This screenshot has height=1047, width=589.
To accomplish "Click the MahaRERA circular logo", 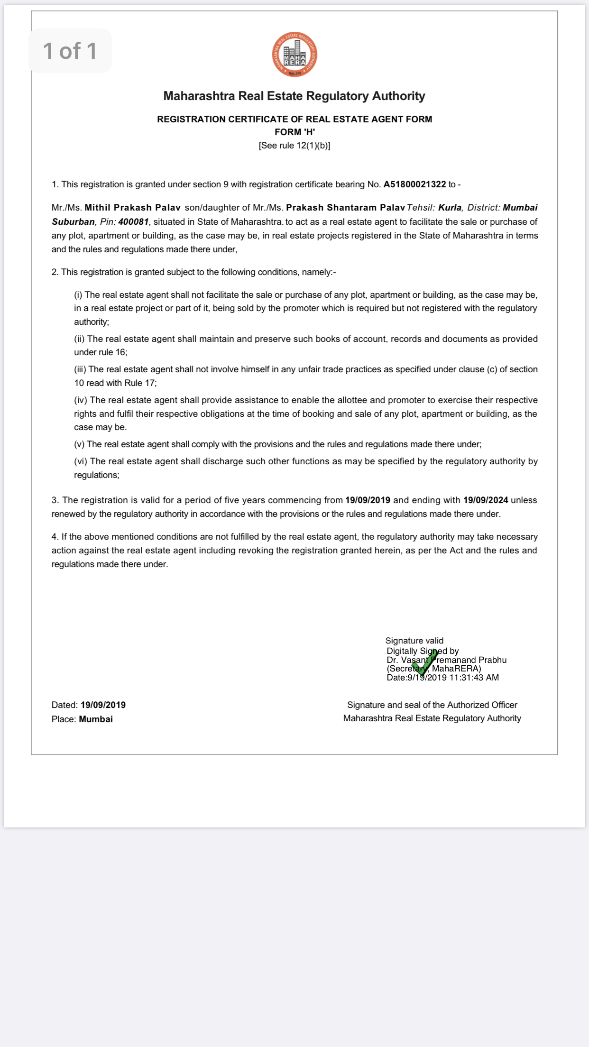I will [294, 55].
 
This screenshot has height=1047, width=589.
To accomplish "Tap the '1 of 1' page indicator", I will [70, 51].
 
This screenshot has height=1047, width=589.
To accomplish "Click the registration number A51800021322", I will [414, 184].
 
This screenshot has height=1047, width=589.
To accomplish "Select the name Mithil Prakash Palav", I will [132, 208].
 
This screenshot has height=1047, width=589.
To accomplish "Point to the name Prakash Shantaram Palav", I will [345, 208].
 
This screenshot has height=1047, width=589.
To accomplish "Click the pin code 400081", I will [133, 222].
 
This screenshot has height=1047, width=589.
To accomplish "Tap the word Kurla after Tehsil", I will [450, 208].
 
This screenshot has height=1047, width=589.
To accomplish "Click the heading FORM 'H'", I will [294, 132].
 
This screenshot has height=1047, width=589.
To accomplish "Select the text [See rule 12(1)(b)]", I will [294, 146].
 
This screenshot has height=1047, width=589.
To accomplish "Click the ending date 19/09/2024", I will [486, 500].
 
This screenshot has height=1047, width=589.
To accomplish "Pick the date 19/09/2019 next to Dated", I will [103, 705].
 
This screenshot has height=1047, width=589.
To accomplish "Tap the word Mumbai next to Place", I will [96, 719].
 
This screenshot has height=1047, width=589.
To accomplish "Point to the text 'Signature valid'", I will [414, 641].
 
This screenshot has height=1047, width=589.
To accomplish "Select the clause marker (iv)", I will [81, 400].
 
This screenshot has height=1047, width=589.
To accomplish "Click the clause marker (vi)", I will [81, 461].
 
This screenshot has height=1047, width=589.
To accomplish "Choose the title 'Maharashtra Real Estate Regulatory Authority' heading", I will [294, 96].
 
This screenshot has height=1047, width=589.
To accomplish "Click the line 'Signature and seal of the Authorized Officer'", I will [432, 705].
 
